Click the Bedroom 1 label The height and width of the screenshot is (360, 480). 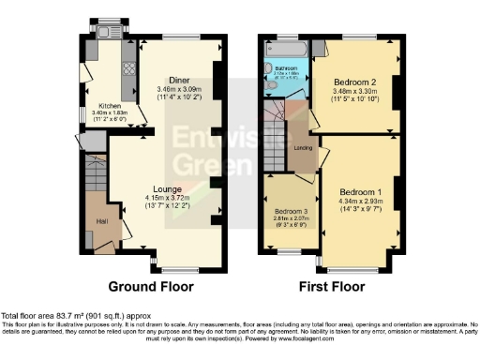[360, 178]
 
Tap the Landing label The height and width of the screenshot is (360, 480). [303, 148]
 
